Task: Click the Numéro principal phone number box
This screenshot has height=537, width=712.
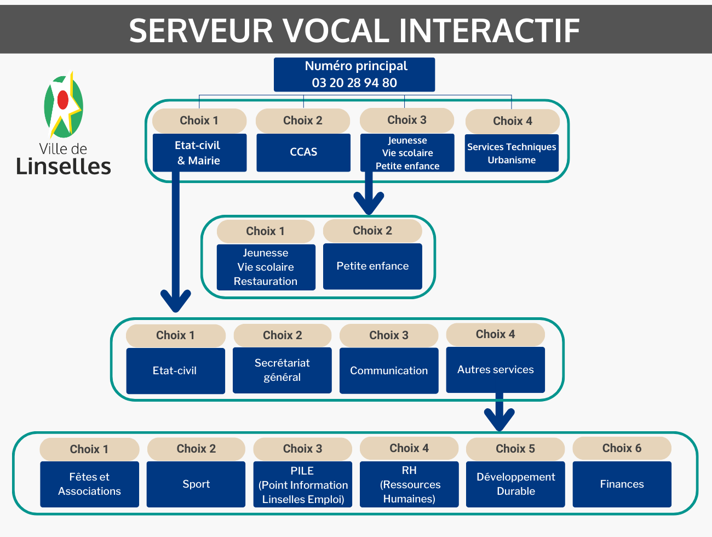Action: point(354,75)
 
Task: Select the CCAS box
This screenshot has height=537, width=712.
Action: point(303,152)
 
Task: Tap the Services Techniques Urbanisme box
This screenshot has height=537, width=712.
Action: point(512,153)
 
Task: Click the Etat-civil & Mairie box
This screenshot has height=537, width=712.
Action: point(199,152)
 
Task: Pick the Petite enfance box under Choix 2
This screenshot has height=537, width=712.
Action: point(372,266)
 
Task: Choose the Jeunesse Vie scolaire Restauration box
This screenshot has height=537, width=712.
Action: point(266,267)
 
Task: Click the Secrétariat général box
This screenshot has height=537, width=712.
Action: point(282,370)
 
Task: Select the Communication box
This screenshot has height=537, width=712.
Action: point(389,370)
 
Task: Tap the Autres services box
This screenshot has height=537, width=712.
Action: point(495,369)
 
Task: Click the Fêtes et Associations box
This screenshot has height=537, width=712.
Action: point(89,484)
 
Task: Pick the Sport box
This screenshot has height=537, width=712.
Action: point(196,484)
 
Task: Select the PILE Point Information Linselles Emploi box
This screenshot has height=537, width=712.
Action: point(303,484)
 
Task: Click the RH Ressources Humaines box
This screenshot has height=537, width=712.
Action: point(409,484)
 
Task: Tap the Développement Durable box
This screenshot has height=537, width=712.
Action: point(515,484)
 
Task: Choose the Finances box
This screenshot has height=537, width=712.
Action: point(622,484)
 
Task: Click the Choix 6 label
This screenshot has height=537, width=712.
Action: point(622,448)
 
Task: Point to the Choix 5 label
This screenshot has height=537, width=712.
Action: point(515,449)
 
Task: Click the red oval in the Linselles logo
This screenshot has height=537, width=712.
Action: point(62,100)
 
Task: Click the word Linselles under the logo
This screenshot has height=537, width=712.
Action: point(64,166)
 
